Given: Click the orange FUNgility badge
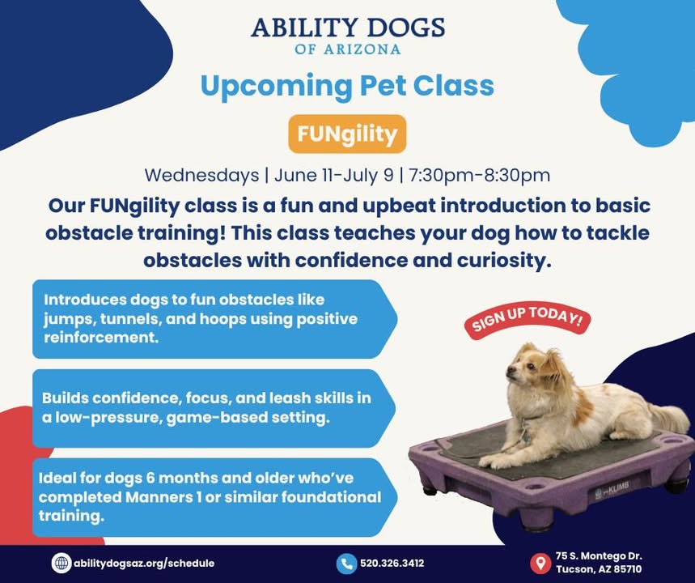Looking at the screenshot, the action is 347,134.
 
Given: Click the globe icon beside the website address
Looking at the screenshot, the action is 61,563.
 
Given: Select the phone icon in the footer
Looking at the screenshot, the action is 346,564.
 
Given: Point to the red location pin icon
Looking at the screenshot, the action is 540,563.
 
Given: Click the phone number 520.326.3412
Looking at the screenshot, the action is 392,564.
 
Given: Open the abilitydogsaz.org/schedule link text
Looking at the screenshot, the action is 144,564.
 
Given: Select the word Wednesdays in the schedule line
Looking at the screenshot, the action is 201,175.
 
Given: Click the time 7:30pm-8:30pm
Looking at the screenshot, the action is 479,175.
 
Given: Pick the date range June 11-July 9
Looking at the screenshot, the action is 334,175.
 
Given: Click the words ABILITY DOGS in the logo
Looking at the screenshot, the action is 348,28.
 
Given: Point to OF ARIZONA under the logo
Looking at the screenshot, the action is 348,49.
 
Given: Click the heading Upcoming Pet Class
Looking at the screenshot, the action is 347,86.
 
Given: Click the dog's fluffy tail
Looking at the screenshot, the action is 669,417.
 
